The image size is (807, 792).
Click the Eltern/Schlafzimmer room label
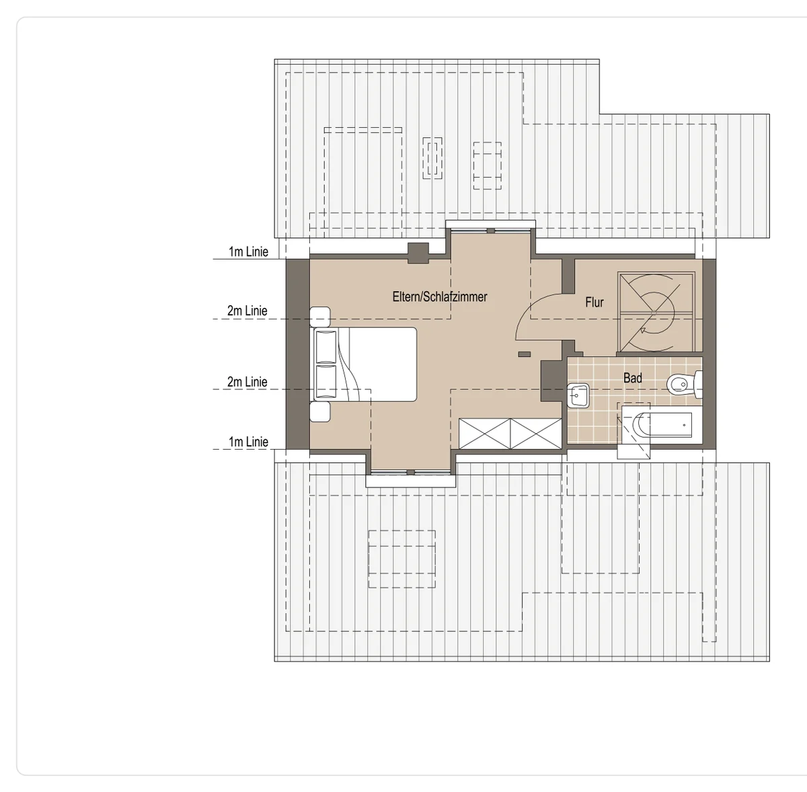(440, 297)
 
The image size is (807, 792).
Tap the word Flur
(594, 302)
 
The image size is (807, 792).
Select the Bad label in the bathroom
(632, 379)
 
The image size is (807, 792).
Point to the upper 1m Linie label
(248, 251)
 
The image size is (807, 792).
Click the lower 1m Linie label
(248, 442)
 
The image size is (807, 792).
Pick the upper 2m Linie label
(247, 311)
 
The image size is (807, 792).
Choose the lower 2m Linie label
(247, 382)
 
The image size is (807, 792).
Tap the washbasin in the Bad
(578, 395)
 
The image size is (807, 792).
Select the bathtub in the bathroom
(662, 425)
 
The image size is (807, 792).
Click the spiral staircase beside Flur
(656, 312)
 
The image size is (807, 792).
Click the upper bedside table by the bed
(320, 317)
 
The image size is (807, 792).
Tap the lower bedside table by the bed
(320, 411)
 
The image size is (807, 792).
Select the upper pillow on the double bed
(325, 347)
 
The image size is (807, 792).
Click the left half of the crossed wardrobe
(484, 434)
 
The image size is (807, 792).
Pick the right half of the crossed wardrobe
(535, 434)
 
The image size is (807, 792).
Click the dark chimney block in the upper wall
(418, 253)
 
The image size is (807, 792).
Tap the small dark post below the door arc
(525, 354)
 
